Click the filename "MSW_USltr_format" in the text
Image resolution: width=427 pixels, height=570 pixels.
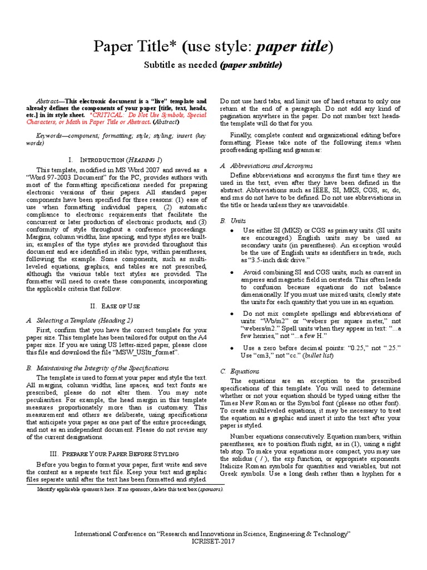(146, 353)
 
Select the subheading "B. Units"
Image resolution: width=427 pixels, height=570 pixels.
(225, 220)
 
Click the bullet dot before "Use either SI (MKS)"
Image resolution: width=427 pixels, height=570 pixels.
(231, 230)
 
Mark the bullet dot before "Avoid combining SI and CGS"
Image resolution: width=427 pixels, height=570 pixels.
(231, 273)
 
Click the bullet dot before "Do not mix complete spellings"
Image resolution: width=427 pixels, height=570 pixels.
(231, 314)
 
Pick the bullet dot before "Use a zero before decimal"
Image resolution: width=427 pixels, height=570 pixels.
(231, 348)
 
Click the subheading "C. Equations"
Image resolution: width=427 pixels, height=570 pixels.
(232, 371)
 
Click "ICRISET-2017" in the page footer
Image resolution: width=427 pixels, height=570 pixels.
(213, 541)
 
